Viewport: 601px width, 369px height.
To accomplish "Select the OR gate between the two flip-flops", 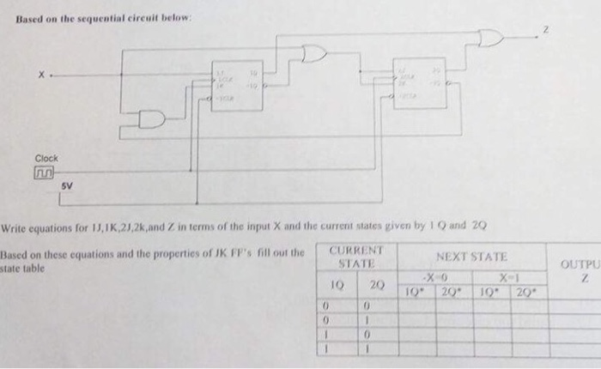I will pyautogui.click(x=315, y=55).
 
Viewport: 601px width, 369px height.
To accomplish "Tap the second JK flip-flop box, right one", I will pyautogui.click(x=420, y=83).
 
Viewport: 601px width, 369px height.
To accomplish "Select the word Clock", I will pyautogui.click(x=46, y=159).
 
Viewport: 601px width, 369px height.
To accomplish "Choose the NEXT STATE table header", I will pyautogui.click(x=470, y=257).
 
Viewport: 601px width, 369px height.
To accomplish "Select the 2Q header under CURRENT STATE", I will pyautogui.click(x=376, y=282).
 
